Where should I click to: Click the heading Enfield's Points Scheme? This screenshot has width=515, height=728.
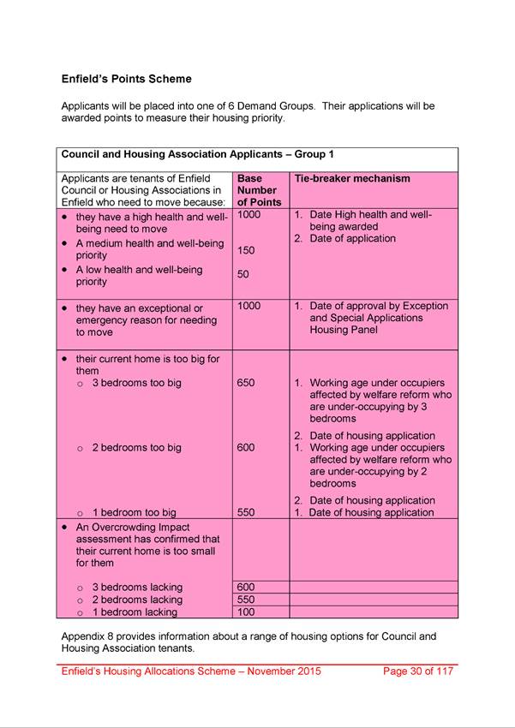[126, 79]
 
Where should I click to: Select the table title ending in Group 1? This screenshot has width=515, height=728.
[197, 155]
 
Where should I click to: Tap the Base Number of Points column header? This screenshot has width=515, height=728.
[257, 190]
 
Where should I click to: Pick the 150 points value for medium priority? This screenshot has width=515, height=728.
[246, 251]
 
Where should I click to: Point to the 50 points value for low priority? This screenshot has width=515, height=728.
[243, 275]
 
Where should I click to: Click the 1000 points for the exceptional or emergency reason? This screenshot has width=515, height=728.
[249, 306]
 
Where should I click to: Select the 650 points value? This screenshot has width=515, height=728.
[246, 383]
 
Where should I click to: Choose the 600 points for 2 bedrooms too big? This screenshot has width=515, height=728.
[246, 447]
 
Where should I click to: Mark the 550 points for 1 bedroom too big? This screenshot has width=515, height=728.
[246, 512]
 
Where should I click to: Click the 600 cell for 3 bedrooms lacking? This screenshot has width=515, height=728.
[246, 587]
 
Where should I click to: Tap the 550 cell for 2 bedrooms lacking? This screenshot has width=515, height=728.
[246, 600]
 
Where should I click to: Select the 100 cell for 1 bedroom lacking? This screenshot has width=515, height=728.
[246, 612]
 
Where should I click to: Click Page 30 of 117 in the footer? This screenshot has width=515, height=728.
[417, 671]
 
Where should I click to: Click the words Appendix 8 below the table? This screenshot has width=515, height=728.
[89, 636]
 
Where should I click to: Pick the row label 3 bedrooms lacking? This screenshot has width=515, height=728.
[137, 587]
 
